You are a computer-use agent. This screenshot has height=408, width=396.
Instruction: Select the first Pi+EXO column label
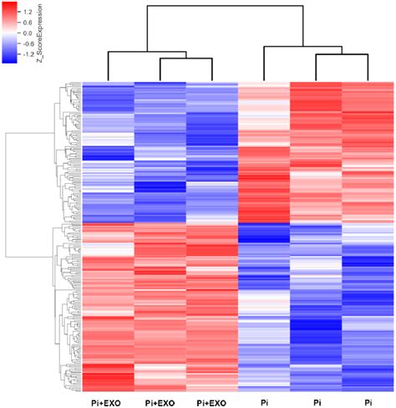[x=107, y=400]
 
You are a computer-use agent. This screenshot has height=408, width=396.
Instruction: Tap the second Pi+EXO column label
[x=159, y=400]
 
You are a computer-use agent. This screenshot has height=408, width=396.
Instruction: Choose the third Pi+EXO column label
[x=211, y=400]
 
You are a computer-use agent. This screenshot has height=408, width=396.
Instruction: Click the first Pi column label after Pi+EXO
[x=265, y=400]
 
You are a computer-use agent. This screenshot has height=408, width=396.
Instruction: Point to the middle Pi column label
[x=317, y=400]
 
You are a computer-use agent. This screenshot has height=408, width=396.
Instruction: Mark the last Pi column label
[x=368, y=400]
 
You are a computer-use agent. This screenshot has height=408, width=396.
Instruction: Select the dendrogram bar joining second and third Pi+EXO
[x=185, y=59]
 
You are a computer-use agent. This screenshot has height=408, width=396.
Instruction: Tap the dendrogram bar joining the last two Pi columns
[x=343, y=55]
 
